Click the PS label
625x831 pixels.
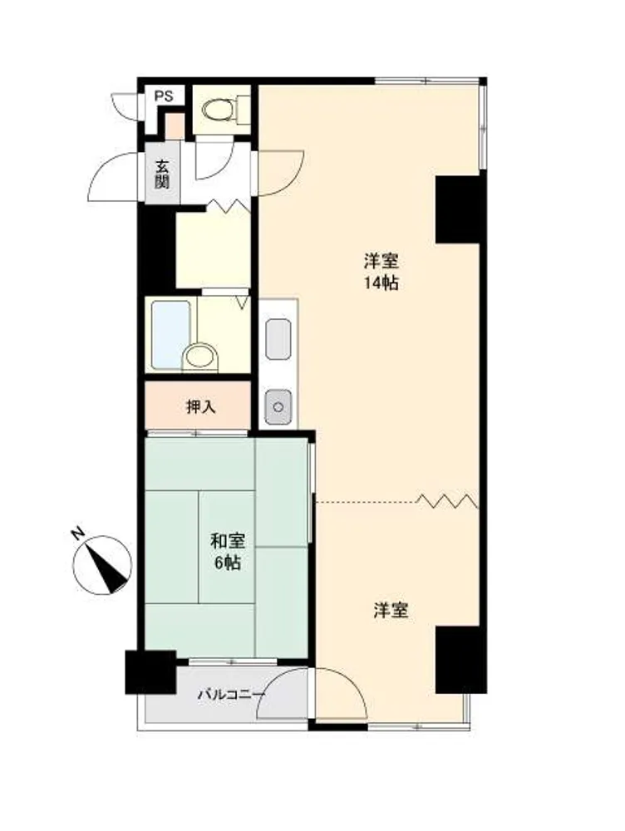pyautogui.click(x=164, y=96)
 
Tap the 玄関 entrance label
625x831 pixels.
pyautogui.click(x=162, y=175)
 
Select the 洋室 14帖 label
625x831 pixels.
pyautogui.click(x=381, y=272)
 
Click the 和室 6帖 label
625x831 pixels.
pyautogui.click(x=228, y=552)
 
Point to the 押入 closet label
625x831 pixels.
pyautogui.click(x=201, y=407)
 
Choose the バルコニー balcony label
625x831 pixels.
pyautogui.click(x=232, y=693)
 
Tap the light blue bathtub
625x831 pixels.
pyautogui.click(x=170, y=335)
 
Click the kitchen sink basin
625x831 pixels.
pyautogui.click(x=278, y=339)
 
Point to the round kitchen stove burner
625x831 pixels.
pyautogui.click(x=277, y=407)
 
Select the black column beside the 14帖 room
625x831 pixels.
pyautogui.click(x=457, y=209)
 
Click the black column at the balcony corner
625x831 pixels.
pyautogui.click(x=150, y=672)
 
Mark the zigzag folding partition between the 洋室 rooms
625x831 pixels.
pyautogui.click(x=446, y=500)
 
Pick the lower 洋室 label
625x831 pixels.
pyautogui.click(x=391, y=611)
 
